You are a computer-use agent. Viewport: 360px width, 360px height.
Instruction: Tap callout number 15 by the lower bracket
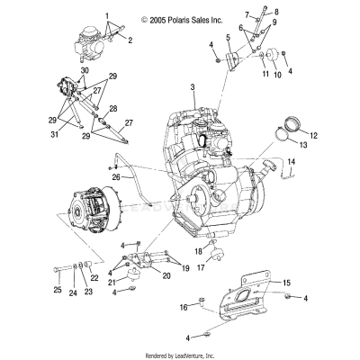[287, 283]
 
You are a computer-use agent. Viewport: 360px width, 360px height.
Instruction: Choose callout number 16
[184, 307]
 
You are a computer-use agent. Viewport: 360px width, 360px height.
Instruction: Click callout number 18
[198, 252]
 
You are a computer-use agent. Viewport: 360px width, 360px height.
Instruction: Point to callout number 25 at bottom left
[57, 290]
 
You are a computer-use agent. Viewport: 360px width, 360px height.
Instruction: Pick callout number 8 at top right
[276, 12]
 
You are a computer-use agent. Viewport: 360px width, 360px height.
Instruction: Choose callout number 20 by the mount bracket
[166, 275]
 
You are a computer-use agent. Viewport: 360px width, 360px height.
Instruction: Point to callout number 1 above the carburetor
[108, 16]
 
